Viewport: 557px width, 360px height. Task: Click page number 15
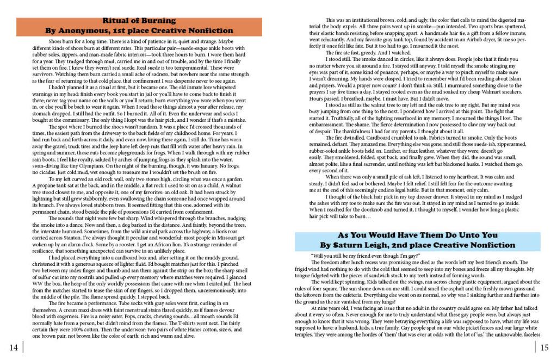point(544,347)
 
